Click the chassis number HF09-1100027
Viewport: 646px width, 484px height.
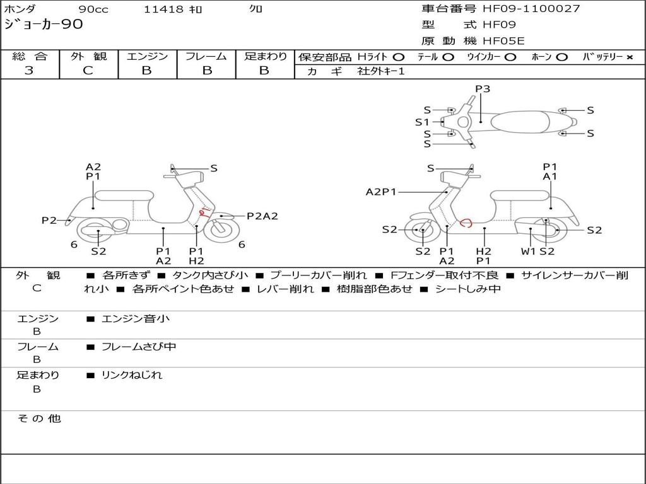pos(531,9)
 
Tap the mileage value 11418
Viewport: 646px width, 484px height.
pos(163,9)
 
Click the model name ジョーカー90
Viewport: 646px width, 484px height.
pos(43,25)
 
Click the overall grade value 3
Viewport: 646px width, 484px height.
pos(29,71)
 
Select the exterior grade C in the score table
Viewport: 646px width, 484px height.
pos(88,71)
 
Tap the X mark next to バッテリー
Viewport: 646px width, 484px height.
pos(629,57)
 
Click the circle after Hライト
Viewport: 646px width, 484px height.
pos(399,57)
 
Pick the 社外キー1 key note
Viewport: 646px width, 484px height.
pos(380,71)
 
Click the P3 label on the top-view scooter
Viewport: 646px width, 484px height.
pos(483,89)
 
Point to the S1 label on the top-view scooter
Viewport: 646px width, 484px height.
pos(422,122)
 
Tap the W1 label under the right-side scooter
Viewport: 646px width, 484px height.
pos(529,251)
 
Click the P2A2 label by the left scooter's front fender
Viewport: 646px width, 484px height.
pos(262,216)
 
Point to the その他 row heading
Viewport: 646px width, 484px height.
pos(39,418)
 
